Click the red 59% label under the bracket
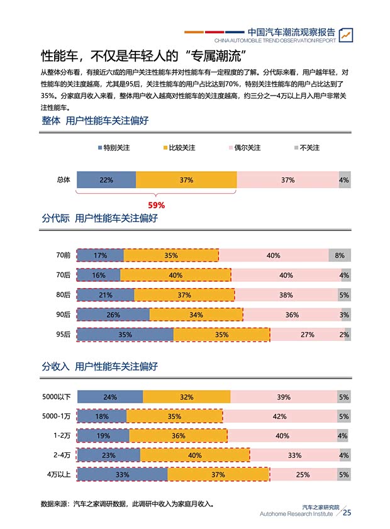(156, 205)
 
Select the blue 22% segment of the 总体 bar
(106, 180)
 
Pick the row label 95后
(63, 335)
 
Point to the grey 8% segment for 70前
(339, 255)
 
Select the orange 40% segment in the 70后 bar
(175, 275)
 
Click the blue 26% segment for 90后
(113, 315)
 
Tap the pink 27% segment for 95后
(307, 335)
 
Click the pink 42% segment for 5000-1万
(280, 416)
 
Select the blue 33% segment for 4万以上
(122, 475)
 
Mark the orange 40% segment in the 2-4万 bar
(194, 455)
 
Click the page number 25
(347, 512)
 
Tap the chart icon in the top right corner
(345, 35)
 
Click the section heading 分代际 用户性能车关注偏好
(99, 219)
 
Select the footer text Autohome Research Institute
(296, 514)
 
